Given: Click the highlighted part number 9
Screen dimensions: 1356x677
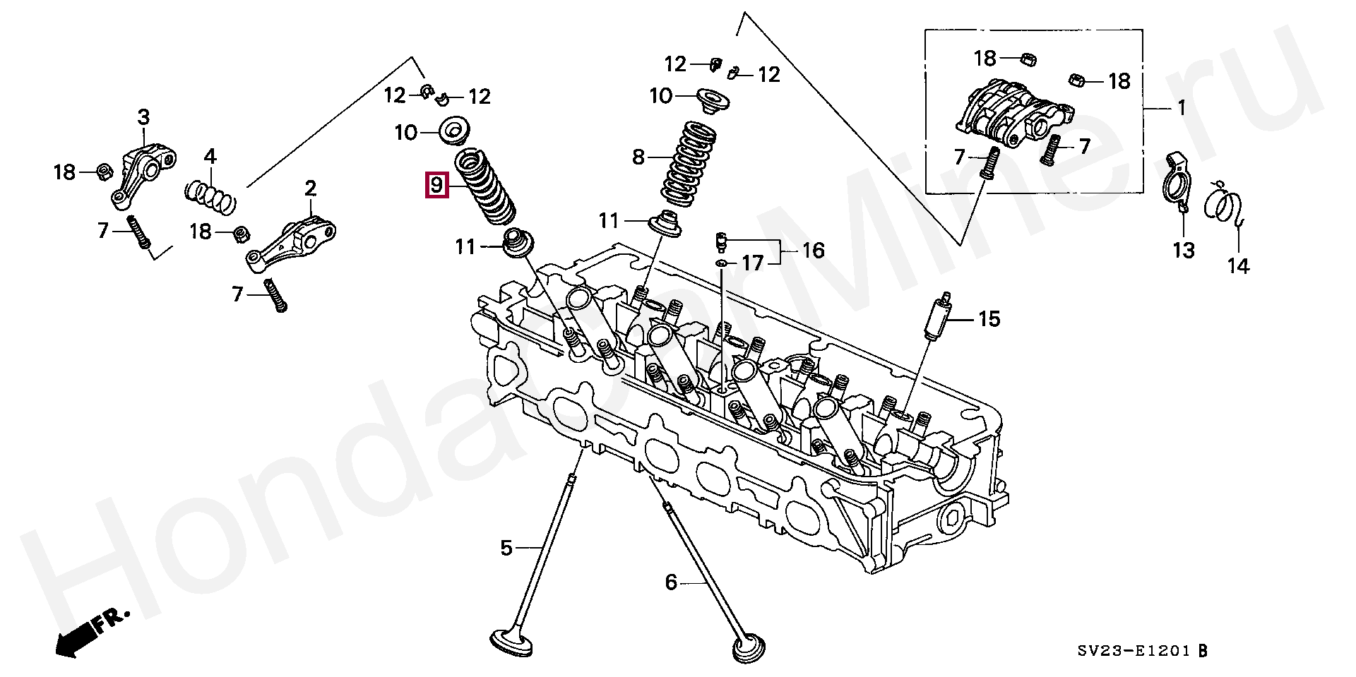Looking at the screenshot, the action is (x=436, y=186).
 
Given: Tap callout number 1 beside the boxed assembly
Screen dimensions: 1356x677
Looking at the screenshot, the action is (x=1181, y=109).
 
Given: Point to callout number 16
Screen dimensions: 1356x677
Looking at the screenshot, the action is (x=814, y=251).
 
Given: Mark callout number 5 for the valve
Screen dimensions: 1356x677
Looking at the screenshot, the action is (x=506, y=547).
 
